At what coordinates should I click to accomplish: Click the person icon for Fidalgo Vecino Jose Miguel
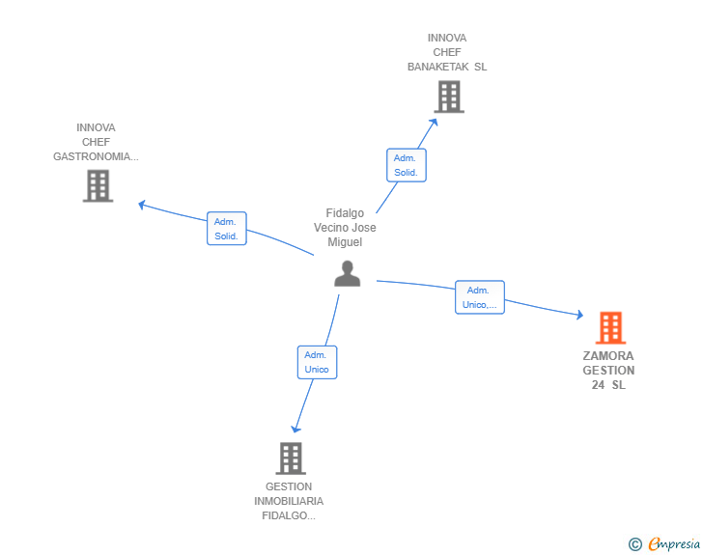click(347, 273)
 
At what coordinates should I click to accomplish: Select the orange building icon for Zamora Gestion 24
click(610, 328)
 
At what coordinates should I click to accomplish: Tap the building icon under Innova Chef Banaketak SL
click(449, 97)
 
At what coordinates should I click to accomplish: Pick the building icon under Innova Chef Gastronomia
click(98, 186)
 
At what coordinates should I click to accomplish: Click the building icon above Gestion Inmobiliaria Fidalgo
click(291, 458)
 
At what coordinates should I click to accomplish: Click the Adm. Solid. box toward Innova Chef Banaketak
click(407, 165)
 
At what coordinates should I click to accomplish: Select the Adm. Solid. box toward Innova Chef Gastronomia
click(226, 228)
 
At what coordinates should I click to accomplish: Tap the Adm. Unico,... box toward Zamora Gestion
click(480, 297)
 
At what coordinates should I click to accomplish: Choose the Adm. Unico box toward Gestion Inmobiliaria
click(317, 362)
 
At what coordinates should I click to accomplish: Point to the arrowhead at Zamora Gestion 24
click(580, 315)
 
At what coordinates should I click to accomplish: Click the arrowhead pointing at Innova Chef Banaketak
click(434, 122)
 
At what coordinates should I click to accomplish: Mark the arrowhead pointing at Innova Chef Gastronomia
click(142, 205)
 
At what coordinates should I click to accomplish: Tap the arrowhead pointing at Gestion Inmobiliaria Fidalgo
click(295, 429)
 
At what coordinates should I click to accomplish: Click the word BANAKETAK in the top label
click(437, 67)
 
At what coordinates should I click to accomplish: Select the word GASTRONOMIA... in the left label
click(96, 156)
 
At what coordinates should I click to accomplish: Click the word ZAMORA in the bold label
click(608, 356)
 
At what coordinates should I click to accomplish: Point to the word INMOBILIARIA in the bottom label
click(289, 501)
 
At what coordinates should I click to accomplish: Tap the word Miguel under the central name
click(345, 242)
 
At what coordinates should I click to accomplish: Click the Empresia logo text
click(674, 544)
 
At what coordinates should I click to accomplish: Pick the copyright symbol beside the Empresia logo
click(634, 544)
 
